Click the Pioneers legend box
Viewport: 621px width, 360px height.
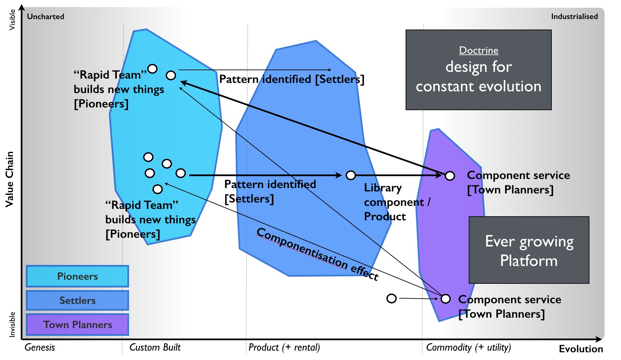click(x=77, y=276)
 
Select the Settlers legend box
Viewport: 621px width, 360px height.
click(x=77, y=300)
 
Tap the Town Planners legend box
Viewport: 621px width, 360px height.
click(x=77, y=324)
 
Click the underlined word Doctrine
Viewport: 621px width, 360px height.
click(x=479, y=50)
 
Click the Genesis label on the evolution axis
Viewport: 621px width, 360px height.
click(x=40, y=347)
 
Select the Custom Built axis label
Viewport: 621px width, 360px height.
click(x=155, y=347)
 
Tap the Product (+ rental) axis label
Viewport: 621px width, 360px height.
click(x=284, y=347)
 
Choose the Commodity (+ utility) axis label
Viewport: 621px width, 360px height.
click(x=468, y=347)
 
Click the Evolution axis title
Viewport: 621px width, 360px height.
click(x=581, y=349)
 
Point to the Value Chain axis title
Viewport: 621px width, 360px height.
click(x=9, y=179)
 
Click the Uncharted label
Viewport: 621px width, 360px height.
click(x=45, y=16)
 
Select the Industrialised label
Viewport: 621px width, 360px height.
click(x=574, y=16)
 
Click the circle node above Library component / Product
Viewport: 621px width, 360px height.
click(x=351, y=175)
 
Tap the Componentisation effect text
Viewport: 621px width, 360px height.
click(x=317, y=254)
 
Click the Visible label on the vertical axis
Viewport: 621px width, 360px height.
click(x=12, y=20)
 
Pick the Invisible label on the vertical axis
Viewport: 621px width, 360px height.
click(x=12, y=324)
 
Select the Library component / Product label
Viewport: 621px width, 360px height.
click(x=397, y=202)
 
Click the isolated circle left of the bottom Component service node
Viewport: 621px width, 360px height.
click(x=391, y=298)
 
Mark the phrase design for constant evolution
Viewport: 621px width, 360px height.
click(x=479, y=77)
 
